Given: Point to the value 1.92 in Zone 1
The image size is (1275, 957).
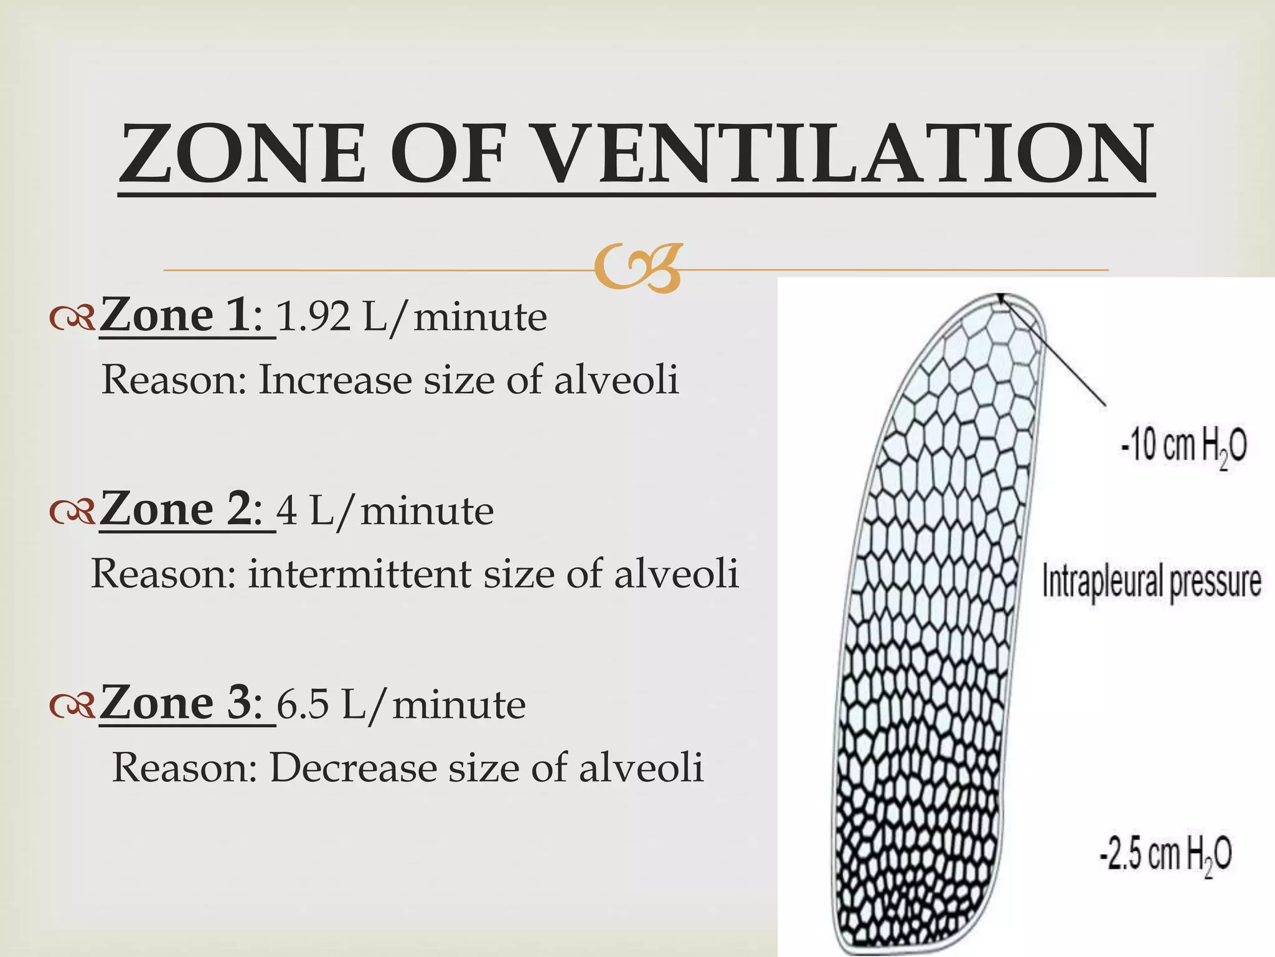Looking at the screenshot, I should point(313,317).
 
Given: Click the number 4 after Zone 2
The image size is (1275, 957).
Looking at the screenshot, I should point(287,511).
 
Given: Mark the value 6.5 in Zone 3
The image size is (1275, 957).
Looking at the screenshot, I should point(303,705).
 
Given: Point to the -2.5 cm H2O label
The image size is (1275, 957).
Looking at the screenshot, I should point(1165,854).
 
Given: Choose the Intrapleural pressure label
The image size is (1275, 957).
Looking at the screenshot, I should point(1152,581).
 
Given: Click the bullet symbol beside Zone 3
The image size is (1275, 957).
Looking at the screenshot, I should point(72,705).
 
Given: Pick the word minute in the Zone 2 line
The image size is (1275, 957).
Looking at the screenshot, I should point(427,511).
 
